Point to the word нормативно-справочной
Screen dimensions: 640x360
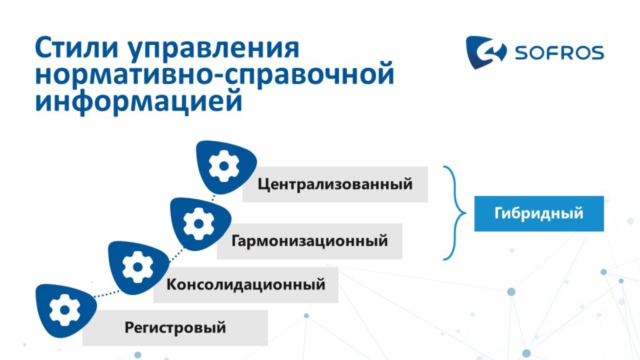(x=215, y=76)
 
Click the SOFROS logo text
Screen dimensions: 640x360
(x=559, y=52)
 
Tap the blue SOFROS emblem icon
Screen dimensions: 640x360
(x=486, y=52)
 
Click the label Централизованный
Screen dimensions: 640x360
(x=335, y=184)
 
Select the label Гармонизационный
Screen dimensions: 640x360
(x=309, y=241)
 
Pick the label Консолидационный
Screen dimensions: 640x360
(x=246, y=284)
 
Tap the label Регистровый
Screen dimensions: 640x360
(x=175, y=327)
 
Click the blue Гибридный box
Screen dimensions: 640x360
(x=539, y=214)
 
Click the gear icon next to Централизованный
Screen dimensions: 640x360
(x=224, y=166)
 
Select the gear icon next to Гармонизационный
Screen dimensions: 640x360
(x=198, y=224)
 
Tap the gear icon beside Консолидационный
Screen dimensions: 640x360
(x=137, y=267)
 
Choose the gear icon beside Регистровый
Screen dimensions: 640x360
(x=64, y=310)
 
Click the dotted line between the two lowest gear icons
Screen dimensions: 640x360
(x=107, y=294)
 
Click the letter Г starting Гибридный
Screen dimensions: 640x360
(x=499, y=213)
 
